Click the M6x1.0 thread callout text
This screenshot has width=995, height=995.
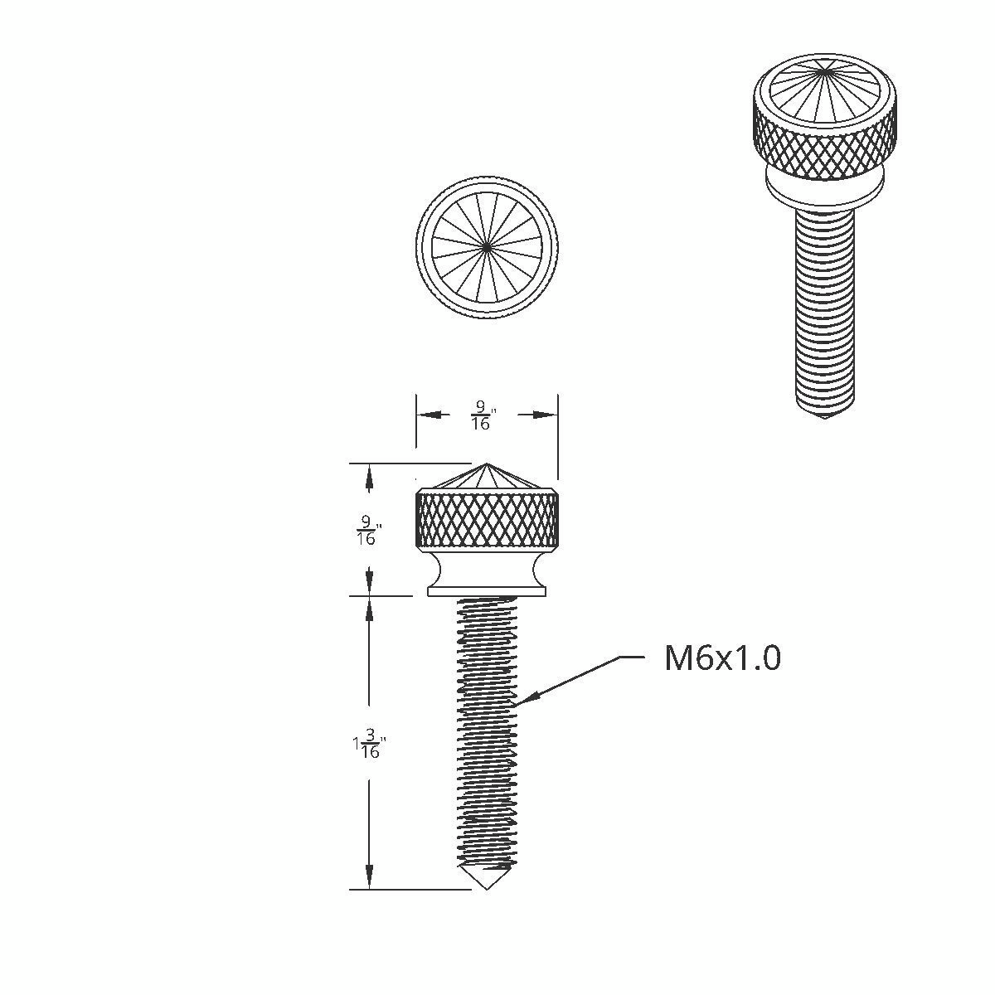(x=722, y=659)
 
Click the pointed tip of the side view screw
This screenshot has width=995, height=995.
(x=487, y=888)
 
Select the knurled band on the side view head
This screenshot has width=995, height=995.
(x=487, y=519)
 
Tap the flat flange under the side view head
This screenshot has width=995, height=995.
(x=487, y=590)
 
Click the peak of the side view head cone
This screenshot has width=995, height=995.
(x=487, y=465)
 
